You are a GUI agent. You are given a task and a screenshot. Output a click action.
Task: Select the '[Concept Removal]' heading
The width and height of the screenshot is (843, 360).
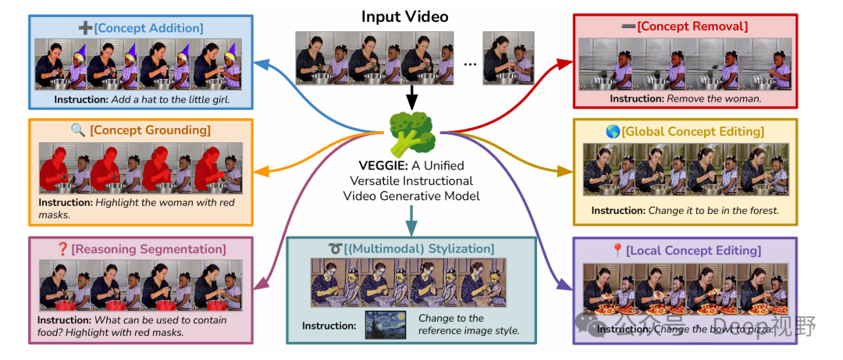tap(692, 27)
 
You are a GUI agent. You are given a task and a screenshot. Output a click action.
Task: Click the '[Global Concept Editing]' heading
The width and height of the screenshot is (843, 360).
tap(692, 131)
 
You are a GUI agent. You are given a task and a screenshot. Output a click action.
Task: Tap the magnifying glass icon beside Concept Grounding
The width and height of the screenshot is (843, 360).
tap(77, 130)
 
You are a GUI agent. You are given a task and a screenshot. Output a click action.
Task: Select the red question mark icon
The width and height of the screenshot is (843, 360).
tap(63, 249)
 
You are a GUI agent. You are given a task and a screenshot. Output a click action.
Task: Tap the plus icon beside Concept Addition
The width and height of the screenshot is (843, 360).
tap(85, 28)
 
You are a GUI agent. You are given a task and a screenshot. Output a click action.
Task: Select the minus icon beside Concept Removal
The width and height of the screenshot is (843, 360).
tap(628, 27)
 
